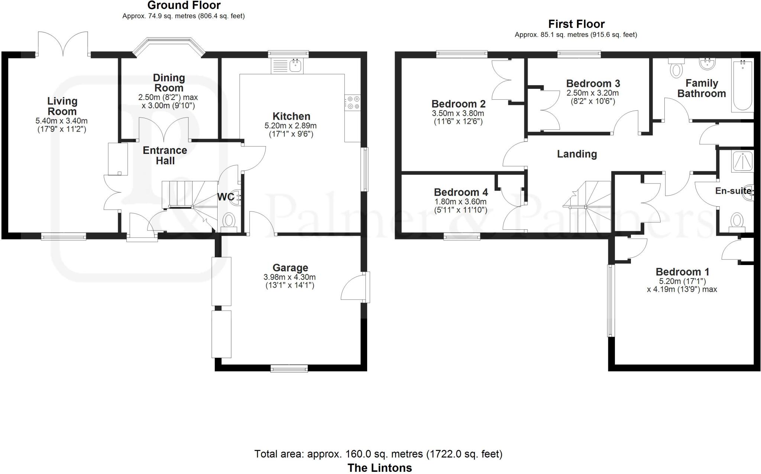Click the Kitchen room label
(291, 116)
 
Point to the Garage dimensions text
(289, 281)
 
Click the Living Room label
(62, 106)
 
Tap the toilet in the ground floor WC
(229, 220)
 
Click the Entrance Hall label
(165, 155)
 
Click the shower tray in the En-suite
(742, 161)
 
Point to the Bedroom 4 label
(461, 192)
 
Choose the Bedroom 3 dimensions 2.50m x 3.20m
(592, 93)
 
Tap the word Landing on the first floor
(577, 154)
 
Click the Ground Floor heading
(184, 6)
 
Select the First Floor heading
(576, 24)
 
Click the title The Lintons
(380, 468)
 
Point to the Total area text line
(378, 454)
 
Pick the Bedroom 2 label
(459, 104)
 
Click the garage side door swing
(353, 288)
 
